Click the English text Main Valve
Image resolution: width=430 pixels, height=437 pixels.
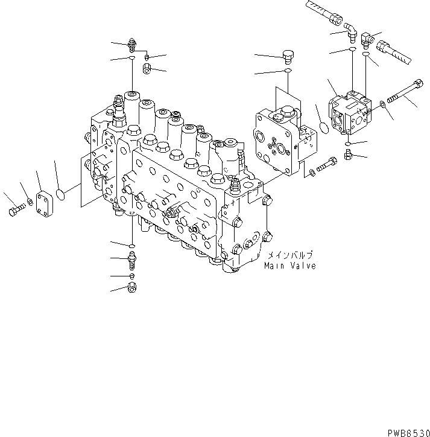(289, 266)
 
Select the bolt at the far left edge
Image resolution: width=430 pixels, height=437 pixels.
(15, 211)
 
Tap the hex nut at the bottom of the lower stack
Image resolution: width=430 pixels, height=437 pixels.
(132, 289)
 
